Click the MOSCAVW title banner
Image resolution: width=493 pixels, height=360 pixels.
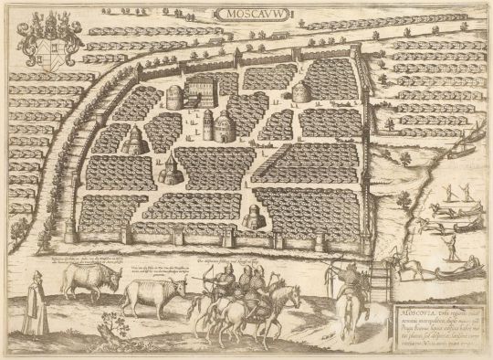246,15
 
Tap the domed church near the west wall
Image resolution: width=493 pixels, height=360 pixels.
134,141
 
